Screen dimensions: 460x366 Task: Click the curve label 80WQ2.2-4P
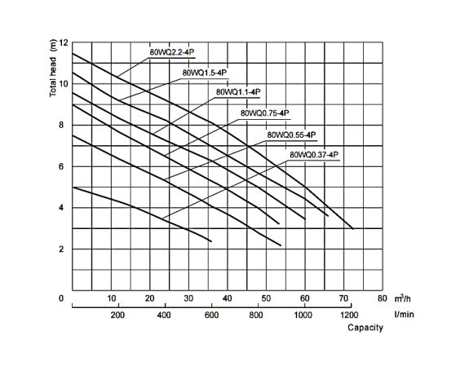(x=172, y=52)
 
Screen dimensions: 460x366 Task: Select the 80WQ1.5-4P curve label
(x=205, y=73)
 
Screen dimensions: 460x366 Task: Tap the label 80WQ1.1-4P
(x=238, y=92)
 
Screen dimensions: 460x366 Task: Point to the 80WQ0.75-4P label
(x=265, y=113)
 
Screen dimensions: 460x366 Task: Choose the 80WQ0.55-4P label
(x=292, y=135)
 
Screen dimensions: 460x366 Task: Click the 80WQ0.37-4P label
(x=314, y=155)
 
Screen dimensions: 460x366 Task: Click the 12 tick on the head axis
(x=64, y=43)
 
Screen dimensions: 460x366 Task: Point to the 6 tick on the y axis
(x=61, y=166)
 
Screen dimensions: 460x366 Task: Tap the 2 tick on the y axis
(x=61, y=249)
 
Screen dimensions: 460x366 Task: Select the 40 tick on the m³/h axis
(x=228, y=298)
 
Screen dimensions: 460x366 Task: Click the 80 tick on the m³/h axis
(x=383, y=298)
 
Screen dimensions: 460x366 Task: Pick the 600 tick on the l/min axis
(x=211, y=315)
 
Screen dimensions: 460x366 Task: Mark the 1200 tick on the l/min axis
(x=349, y=315)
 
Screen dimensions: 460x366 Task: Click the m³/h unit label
(x=403, y=298)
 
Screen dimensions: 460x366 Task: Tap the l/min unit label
(x=404, y=315)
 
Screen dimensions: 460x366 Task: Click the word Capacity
(x=365, y=328)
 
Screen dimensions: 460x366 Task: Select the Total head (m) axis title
(x=53, y=68)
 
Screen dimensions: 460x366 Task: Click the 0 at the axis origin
(x=61, y=298)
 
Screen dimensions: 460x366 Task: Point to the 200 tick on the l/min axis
(x=117, y=315)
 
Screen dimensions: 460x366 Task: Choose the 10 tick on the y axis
(x=64, y=84)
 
